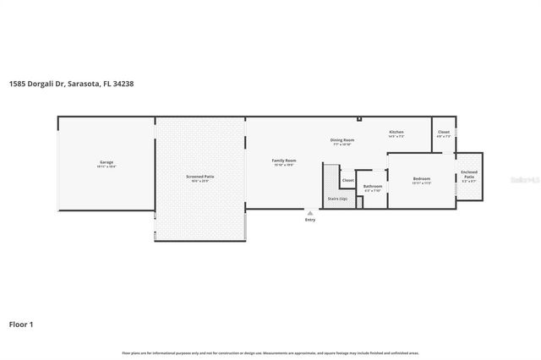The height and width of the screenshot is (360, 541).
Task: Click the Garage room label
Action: coord(107,161)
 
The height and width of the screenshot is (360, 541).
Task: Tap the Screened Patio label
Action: coord(200,176)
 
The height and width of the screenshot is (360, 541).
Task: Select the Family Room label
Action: coord(284,160)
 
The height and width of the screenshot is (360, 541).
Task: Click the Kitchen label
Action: coord(396,133)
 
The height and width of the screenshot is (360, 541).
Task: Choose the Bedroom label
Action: coord(422,178)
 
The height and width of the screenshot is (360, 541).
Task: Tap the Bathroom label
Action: coord(373,186)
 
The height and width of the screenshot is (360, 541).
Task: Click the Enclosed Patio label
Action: coord(469,175)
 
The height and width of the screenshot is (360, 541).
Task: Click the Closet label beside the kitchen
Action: coord(444,133)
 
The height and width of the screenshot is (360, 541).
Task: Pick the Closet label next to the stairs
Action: coord(347,180)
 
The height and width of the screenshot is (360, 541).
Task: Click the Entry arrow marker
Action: coord(310,213)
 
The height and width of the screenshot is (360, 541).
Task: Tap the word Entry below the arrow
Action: coord(310,220)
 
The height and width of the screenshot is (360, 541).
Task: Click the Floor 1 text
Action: coord(21,324)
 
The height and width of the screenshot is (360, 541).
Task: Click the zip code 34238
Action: coord(124,84)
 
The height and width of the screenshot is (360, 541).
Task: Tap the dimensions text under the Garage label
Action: coord(107,166)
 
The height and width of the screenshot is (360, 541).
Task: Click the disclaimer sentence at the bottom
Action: coord(270,352)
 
